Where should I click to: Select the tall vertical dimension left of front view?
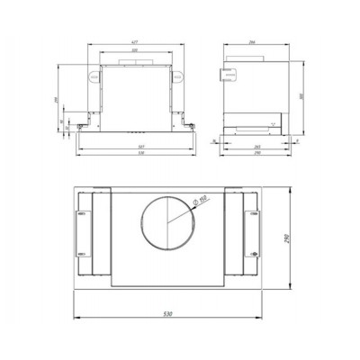(x=56, y=99)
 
